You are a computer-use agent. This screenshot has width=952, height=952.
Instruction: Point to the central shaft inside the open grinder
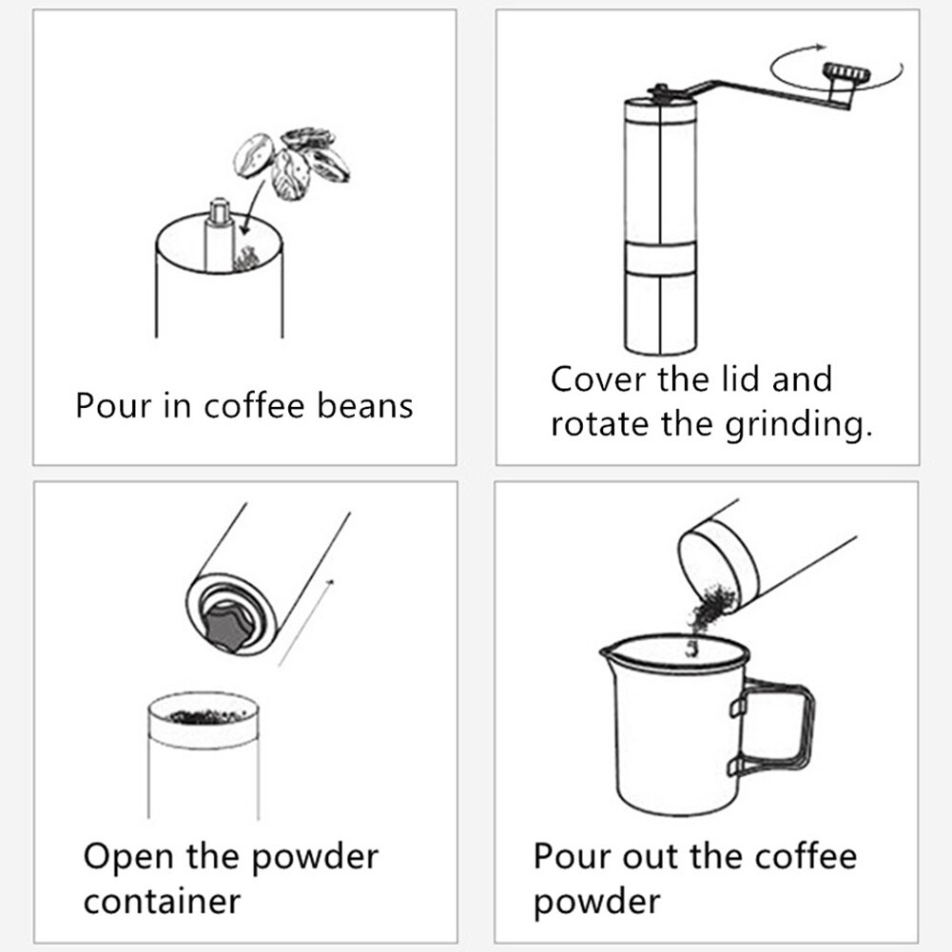[218, 233]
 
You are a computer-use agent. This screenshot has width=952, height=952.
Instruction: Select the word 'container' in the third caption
[162, 901]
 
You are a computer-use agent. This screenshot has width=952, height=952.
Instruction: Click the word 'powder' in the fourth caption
[596, 901]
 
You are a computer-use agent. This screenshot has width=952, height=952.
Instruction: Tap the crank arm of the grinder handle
[761, 92]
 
